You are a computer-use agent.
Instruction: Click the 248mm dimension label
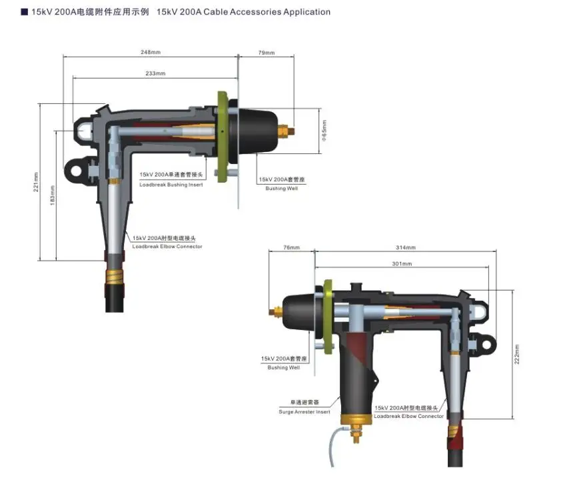[x=150, y=51]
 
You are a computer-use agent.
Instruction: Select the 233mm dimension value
[x=155, y=73]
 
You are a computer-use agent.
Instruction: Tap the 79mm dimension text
[x=266, y=51]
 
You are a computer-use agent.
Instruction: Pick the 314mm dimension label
[x=406, y=247]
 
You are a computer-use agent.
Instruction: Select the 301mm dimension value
[x=402, y=264]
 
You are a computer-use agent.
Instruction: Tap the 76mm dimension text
[x=291, y=247]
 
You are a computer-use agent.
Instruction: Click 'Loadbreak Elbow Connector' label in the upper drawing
[x=167, y=247]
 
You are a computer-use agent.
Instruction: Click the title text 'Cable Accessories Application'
[x=243, y=12]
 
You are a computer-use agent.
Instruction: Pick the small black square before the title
[x=25, y=12]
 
